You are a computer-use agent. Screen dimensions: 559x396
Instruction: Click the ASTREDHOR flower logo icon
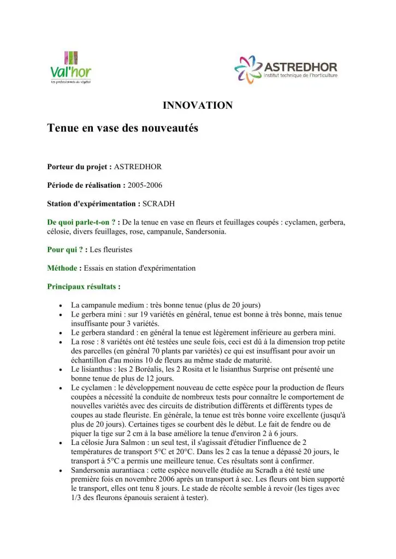pyautogui.click(x=249, y=69)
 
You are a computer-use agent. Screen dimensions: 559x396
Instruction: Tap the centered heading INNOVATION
pyautogui.click(x=198, y=105)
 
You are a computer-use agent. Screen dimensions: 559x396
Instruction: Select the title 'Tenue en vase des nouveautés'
pyautogui.click(x=122, y=129)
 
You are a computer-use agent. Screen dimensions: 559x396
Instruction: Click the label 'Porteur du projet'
pyautogui.click(x=79, y=166)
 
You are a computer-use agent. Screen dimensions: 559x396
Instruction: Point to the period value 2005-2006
pyautogui.click(x=145, y=185)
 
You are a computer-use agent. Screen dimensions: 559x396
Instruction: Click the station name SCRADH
pyautogui.click(x=159, y=204)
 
